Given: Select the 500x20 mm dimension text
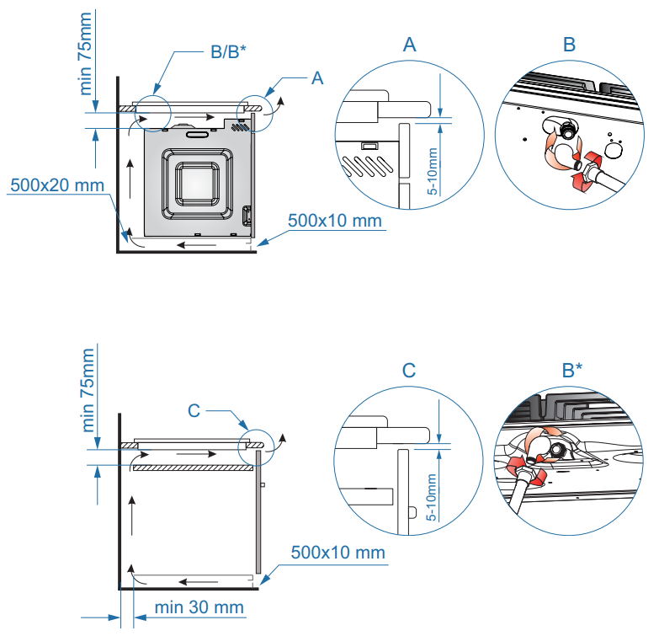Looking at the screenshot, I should (57, 184).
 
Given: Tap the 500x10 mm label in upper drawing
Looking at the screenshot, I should (335, 221).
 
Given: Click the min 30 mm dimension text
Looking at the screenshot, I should (199, 607).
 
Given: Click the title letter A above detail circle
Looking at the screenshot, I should (410, 45).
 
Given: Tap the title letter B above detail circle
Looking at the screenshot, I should (569, 45).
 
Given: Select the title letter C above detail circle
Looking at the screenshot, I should (409, 371).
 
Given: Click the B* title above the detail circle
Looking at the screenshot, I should (574, 371).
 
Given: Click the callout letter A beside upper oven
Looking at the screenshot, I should (317, 78).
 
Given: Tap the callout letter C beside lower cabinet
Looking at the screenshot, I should (194, 410).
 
